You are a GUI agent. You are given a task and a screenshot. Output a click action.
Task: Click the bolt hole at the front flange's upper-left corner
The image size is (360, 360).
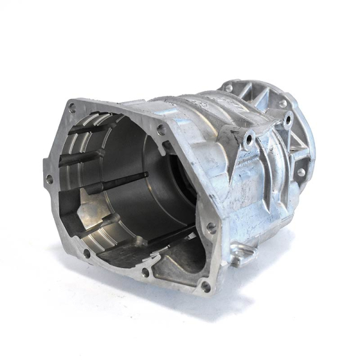(72, 108)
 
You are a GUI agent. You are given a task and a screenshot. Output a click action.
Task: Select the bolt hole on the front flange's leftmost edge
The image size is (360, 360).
(49, 178)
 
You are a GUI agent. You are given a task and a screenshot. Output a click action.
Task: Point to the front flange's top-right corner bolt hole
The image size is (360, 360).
(161, 128)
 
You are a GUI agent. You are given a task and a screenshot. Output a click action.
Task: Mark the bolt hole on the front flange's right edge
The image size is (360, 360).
(211, 227)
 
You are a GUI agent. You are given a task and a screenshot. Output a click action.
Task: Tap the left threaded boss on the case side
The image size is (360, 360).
(247, 139)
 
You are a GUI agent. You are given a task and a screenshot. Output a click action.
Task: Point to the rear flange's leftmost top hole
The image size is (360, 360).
(229, 88)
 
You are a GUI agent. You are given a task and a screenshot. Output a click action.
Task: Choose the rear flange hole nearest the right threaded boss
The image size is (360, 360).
(282, 103)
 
